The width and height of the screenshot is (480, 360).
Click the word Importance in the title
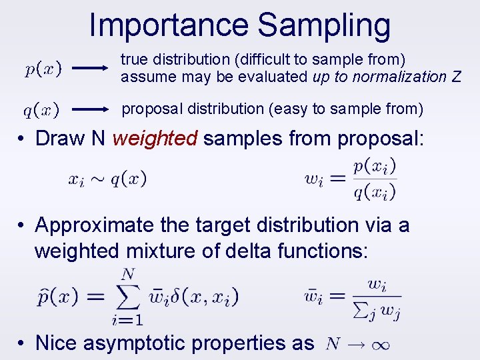pos(169,25)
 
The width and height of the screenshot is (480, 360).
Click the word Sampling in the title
pos(324,25)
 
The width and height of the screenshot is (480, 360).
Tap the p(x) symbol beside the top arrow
pos(44,68)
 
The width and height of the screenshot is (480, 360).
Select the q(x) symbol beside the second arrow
pos(41,109)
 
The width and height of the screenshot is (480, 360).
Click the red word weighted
pos(155,138)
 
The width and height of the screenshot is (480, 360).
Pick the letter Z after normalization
pos(455,77)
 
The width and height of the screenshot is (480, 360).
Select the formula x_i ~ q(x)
pos(107,179)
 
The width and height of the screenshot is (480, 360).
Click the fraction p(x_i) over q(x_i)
pos(375,179)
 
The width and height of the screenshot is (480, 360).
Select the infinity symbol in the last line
pos(378,344)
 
